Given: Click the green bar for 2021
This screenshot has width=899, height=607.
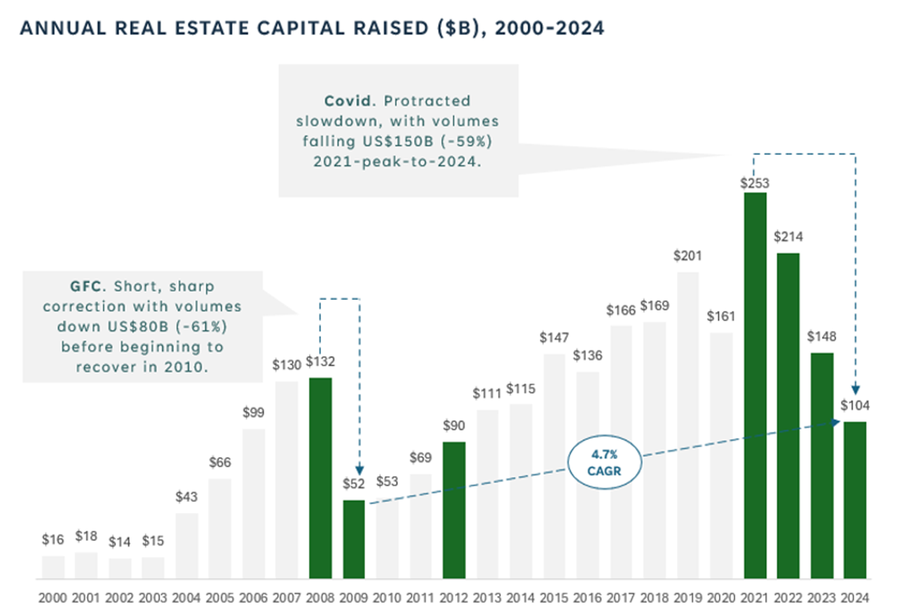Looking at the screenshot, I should tap(755, 386).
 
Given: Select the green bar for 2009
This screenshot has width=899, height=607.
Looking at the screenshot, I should tap(354, 539).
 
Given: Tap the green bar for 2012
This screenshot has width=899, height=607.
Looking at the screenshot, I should tap(454, 510).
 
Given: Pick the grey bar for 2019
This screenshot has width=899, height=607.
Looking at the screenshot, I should tap(688, 425).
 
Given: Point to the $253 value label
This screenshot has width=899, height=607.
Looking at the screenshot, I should tap(755, 184).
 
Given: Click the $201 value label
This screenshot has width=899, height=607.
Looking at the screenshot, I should tap(688, 256).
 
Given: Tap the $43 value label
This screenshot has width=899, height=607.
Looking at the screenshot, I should tap(186, 497).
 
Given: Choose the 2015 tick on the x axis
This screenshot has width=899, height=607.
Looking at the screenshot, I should tap(554, 597).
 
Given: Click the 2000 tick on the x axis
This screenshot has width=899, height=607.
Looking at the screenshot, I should tap(53, 597).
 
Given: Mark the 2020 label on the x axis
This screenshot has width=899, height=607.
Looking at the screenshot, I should tap(721, 597).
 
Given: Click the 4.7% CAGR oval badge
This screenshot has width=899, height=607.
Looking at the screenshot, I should tap(605, 463).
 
